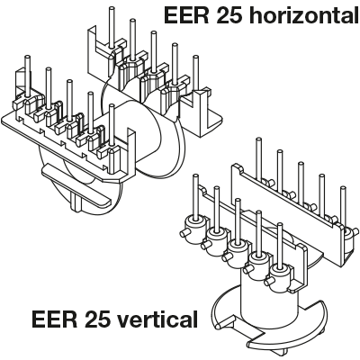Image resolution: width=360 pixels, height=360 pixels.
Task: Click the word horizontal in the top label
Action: tap(305, 15)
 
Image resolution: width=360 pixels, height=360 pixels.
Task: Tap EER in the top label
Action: tap(186, 15)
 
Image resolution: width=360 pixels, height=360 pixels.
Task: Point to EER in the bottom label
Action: tap(54, 319)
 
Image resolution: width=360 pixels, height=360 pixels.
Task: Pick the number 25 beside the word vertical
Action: tap(95, 319)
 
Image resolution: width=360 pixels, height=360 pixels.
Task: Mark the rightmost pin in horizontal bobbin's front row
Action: tap(112, 126)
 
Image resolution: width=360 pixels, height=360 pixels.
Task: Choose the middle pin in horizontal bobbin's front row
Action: tap(69, 100)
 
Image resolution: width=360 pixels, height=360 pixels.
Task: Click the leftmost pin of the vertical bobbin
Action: tap(195, 196)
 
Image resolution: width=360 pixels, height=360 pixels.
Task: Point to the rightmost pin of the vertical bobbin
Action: tap(343, 207)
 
